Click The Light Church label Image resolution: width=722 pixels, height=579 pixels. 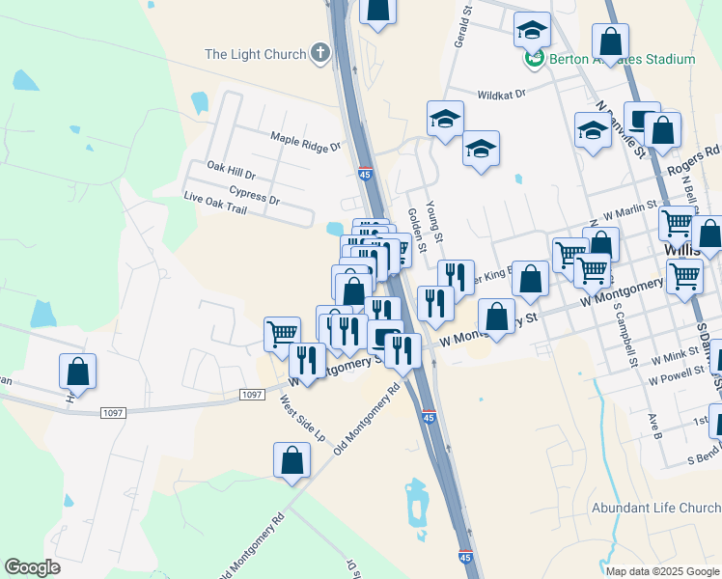pyautogui.click(x=255, y=54)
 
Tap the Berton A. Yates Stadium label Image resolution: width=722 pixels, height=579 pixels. pyautogui.click(x=622, y=59)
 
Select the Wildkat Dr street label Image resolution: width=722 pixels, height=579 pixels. pyautogui.click(x=500, y=95)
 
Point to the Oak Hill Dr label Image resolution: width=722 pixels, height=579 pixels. pyautogui.click(x=231, y=171)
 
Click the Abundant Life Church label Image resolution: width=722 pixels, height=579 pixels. pyautogui.click(x=655, y=508)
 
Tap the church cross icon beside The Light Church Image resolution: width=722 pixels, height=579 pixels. pyautogui.click(x=321, y=54)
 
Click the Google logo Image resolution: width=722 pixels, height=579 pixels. pyautogui.click(x=32, y=566)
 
